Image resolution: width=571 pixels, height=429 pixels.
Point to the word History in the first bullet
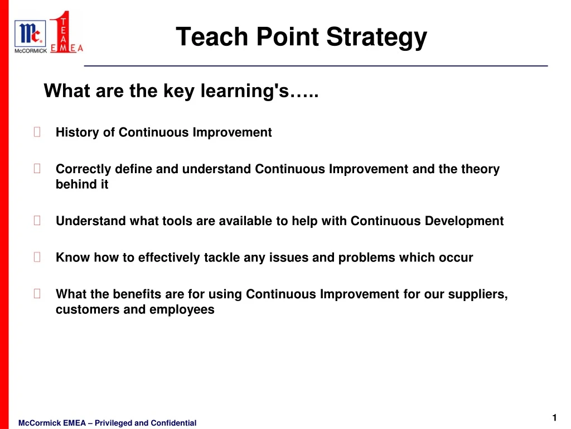coord(77,132)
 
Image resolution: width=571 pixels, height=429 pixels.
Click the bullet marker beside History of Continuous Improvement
coord(37,132)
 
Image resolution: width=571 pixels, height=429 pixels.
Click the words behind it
coord(82,184)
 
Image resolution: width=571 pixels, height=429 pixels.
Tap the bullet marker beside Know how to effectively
coord(37,258)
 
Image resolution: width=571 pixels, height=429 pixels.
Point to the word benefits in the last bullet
coord(137,294)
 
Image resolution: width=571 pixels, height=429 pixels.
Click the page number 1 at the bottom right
coord(554,418)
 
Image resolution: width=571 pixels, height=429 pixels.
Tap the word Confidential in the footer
coord(173,423)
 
